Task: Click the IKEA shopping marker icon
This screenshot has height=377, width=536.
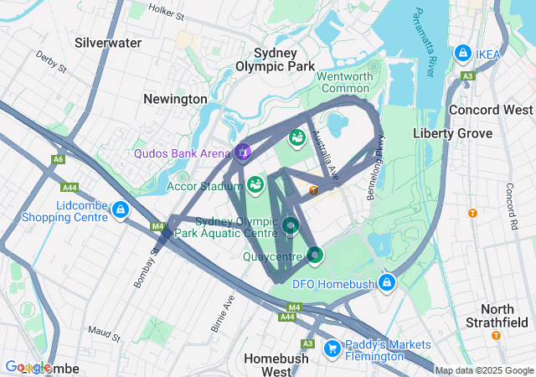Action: [x=461, y=54]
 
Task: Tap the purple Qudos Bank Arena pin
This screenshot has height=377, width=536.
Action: [x=242, y=152]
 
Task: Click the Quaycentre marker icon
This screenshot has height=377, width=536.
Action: [x=315, y=253]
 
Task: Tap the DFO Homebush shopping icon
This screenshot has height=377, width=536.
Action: [x=386, y=282]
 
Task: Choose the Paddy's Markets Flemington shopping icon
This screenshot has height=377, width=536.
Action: [x=332, y=347]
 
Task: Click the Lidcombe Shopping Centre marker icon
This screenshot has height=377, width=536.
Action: [x=121, y=209]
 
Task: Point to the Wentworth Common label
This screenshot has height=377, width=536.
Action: [x=344, y=82]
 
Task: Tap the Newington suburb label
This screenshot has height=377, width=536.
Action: [x=175, y=99]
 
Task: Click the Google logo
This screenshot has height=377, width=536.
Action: [x=29, y=367]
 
